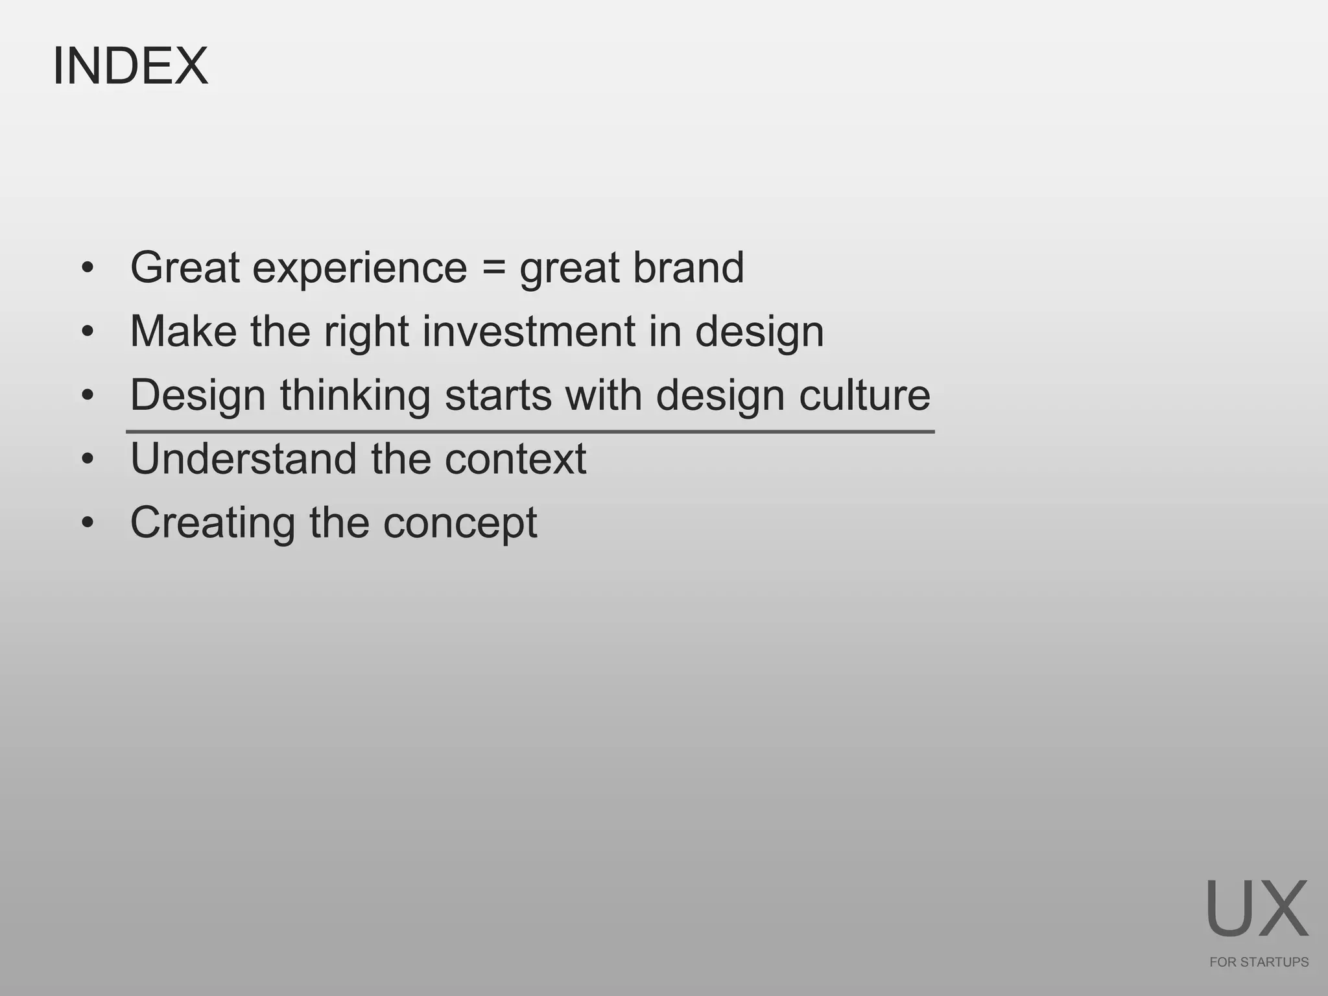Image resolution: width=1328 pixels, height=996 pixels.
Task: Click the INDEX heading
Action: (x=130, y=66)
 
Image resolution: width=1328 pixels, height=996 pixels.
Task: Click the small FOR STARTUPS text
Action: (x=1259, y=962)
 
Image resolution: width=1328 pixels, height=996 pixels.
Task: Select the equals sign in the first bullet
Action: (x=493, y=267)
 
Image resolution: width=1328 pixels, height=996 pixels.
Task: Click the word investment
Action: (x=528, y=331)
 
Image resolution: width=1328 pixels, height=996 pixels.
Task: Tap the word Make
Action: (x=184, y=331)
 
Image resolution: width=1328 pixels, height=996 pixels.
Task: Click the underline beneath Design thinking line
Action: (x=530, y=431)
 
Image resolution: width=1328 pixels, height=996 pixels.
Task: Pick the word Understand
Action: (x=243, y=458)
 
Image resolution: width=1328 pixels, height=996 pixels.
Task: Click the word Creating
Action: (x=213, y=523)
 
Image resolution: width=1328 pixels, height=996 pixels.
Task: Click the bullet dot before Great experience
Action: (x=88, y=268)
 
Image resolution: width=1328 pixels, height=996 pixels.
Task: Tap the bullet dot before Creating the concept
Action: (x=88, y=523)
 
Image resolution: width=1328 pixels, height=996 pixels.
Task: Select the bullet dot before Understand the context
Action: (x=88, y=459)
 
